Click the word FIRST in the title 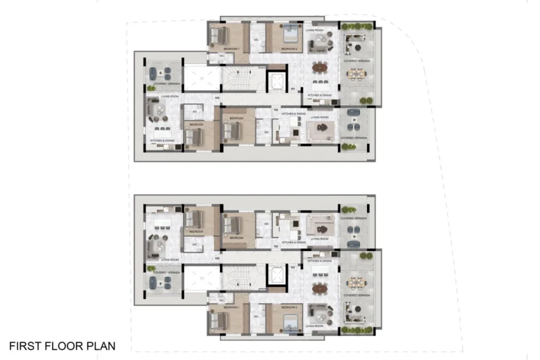[x=24, y=346]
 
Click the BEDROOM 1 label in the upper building [x=231, y=49]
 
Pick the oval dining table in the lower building [x=320, y=287]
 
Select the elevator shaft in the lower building [x=278, y=276]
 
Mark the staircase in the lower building [x=239, y=278]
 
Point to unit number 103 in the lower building [x=217, y=259]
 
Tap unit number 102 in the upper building [x=276, y=110]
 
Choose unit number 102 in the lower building [x=276, y=246]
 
